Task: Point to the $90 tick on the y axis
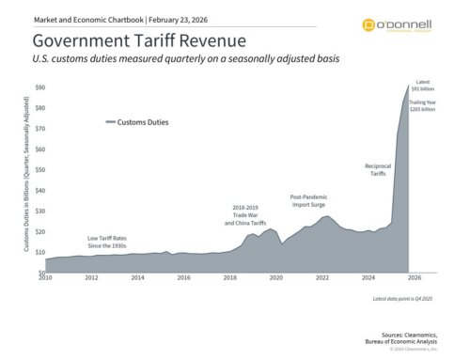point(40,87)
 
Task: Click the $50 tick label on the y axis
point(40,170)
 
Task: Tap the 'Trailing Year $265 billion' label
point(423,105)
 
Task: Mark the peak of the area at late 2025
point(408,86)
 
